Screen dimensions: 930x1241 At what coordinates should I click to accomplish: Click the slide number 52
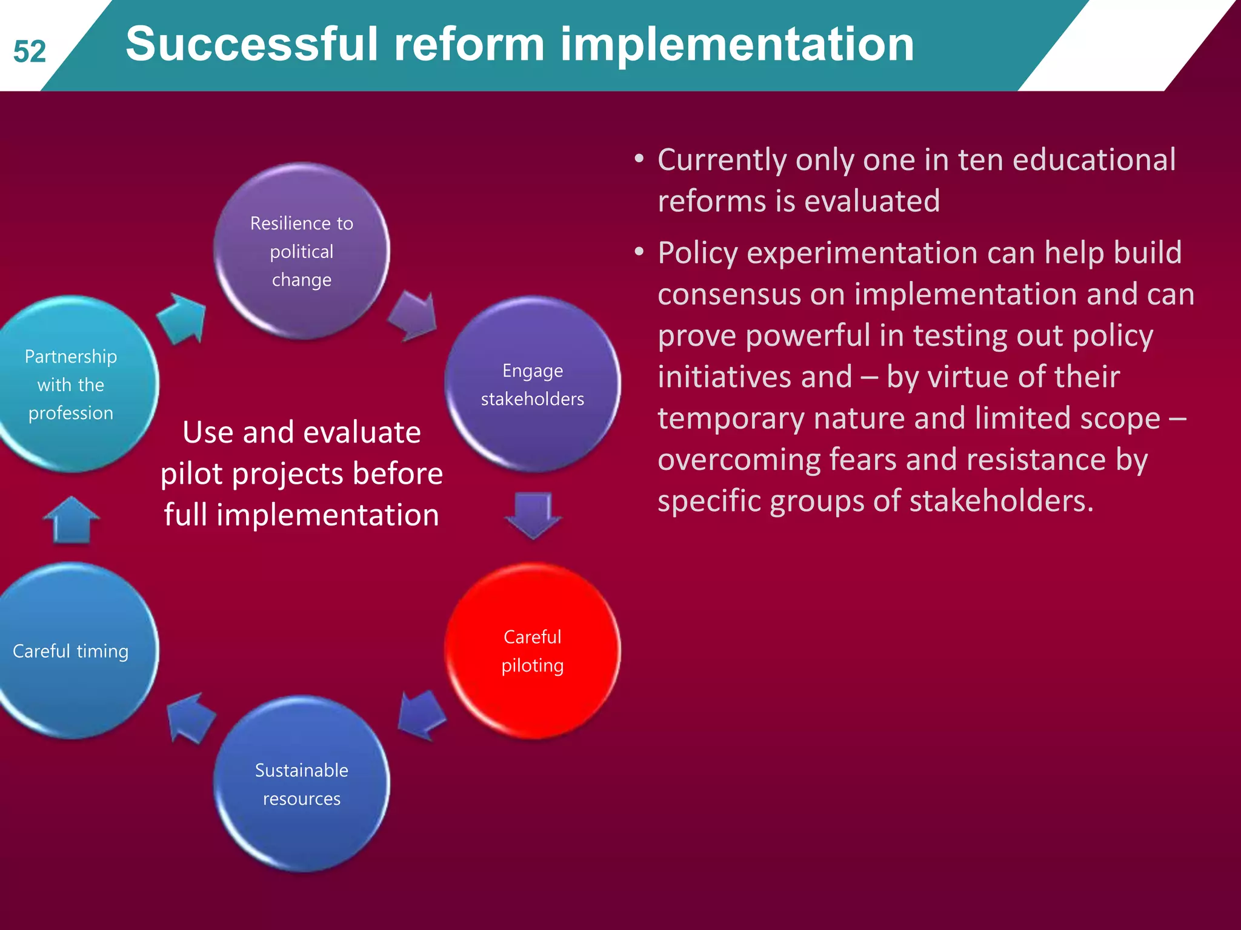coord(30,52)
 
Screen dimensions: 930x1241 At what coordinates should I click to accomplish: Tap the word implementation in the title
coord(736,45)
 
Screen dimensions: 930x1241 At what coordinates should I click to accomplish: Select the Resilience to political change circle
coord(302,251)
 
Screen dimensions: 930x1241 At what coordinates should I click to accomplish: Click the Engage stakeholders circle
coord(533,385)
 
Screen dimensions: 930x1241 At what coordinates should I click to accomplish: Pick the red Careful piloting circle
coord(533,651)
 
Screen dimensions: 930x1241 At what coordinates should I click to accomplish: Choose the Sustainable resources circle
coord(302,784)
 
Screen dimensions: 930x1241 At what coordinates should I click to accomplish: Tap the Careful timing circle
coord(72,651)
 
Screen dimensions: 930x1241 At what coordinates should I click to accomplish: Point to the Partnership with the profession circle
coord(72,385)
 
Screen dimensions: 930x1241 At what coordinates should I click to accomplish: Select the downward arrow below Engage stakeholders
coord(533,515)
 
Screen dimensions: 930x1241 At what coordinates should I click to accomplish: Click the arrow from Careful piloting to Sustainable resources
coord(422,714)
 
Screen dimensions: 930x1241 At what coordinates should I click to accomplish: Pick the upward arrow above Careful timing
coord(72,521)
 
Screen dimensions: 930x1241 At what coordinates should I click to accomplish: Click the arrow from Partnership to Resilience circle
coord(182,318)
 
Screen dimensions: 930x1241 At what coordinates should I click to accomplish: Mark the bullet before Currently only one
coord(639,159)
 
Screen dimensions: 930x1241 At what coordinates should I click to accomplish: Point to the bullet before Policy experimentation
coord(639,252)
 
